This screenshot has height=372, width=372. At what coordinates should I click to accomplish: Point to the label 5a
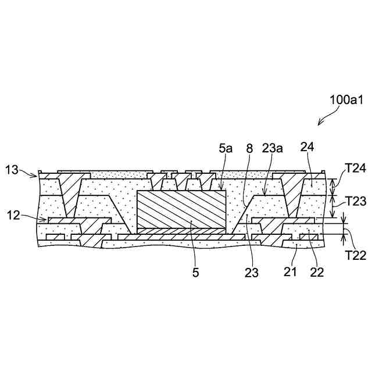click(226, 150)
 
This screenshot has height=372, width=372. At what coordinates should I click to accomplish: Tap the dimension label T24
click(355, 169)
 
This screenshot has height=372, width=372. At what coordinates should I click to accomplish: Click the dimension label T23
click(355, 202)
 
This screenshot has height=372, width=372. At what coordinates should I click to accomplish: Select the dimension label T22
click(355, 253)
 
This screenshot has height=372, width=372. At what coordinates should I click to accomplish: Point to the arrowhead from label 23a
click(265, 192)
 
